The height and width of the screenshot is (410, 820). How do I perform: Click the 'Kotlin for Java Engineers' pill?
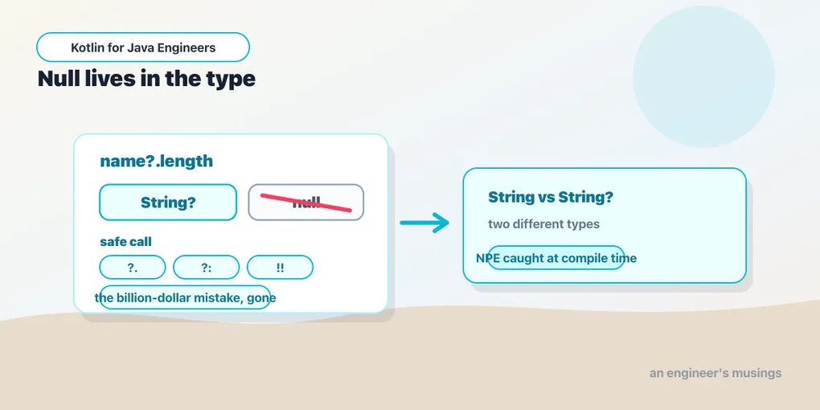(x=143, y=47)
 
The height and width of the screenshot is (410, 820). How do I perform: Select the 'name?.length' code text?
(x=157, y=161)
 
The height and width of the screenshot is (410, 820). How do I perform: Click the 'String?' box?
(x=168, y=203)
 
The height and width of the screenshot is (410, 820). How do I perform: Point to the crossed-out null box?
(x=306, y=203)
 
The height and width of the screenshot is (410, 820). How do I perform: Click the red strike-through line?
(x=306, y=203)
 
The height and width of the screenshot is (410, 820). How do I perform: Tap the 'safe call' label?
(x=125, y=242)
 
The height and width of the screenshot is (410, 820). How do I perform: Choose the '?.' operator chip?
(x=133, y=267)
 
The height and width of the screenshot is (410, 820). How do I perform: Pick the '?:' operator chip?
(x=206, y=267)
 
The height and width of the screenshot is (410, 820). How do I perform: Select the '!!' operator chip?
(x=280, y=267)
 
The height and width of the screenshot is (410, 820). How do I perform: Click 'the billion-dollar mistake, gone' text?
(x=185, y=298)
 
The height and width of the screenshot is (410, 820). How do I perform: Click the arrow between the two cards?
(x=424, y=223)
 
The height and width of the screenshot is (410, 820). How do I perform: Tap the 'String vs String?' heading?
(x=550, y=197)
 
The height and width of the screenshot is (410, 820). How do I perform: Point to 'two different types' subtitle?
(x=544, y=224)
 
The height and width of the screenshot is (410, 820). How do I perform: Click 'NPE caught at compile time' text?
(x=556, y=258)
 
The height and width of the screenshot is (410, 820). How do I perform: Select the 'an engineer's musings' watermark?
(x=715, y=373)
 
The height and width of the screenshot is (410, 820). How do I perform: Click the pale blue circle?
(x=703, y=76)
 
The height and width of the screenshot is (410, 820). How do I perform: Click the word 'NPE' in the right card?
(x=489, y=258)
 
